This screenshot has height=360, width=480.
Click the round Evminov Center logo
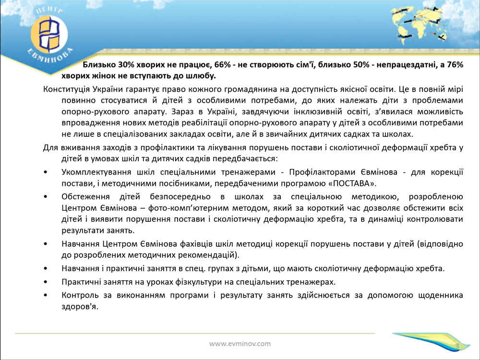[x=49, y=34]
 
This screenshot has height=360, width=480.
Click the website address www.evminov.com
[x=240, y=344]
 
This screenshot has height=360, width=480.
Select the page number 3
[x=457, y=346]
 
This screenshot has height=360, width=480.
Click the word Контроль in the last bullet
[x=80, y=295]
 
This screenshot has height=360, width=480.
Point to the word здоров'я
[x=80, y=307]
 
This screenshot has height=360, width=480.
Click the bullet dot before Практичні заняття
[x=46, y=282]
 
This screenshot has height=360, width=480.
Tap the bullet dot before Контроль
[x=46, y=295]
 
